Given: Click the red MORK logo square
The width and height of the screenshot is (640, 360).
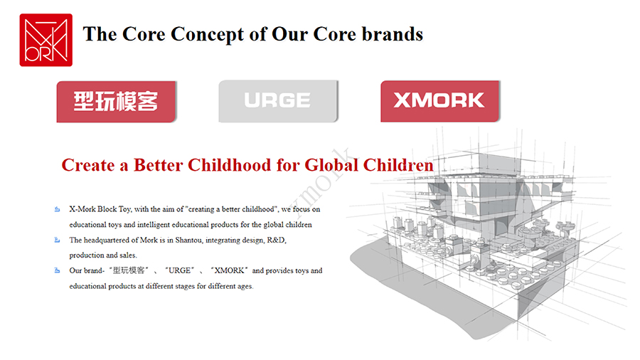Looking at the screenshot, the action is click(46, 40).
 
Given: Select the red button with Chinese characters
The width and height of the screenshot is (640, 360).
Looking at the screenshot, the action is click(117, 102).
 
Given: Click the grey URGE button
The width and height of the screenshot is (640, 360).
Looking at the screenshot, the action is click(278, 101).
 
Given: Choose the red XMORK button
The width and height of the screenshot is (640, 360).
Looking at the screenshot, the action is click(440, 101).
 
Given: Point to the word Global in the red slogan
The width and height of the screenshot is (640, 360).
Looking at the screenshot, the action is click(331, 165).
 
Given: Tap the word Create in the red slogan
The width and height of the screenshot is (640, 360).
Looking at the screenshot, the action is click(88, 165).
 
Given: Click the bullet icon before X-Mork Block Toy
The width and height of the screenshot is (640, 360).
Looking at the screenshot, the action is click(57, 209).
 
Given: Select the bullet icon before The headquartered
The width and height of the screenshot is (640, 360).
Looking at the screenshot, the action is click(57, 240).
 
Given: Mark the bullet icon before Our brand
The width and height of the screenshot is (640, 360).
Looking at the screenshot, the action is click(57, 270).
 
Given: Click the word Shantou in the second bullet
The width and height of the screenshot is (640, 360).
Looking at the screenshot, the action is click(188, 240).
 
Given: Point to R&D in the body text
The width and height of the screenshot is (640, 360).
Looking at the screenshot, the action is click(277, 240).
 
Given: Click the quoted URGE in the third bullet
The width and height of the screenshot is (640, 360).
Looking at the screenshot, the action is click(179, 270).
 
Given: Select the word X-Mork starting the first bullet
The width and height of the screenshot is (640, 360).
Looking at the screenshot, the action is click(82, 209).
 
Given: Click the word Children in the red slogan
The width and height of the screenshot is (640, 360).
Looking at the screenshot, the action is click(398, 165).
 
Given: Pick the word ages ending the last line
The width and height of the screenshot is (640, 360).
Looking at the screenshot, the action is click(245, 287).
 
